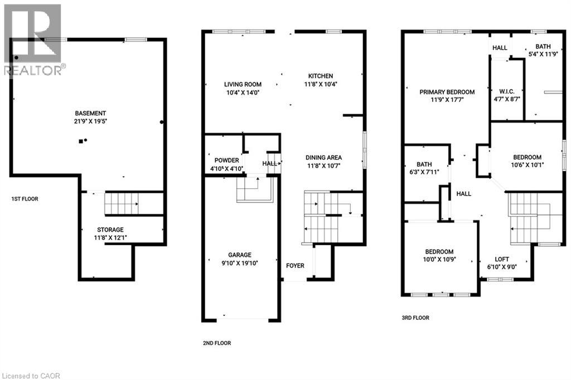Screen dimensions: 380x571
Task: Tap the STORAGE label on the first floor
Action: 110,230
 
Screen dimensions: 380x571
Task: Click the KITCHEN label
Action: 321,76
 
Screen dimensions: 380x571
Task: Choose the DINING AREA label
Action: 323,157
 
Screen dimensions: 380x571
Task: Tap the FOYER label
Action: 295,265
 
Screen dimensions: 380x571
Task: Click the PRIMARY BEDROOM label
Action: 447,92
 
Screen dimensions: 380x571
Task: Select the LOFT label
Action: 502,259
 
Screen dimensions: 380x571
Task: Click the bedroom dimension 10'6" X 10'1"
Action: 527,165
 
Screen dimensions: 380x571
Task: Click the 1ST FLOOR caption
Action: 25,199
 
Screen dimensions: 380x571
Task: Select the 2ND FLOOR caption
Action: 216,343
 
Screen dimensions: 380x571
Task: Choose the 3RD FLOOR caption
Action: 415,318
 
